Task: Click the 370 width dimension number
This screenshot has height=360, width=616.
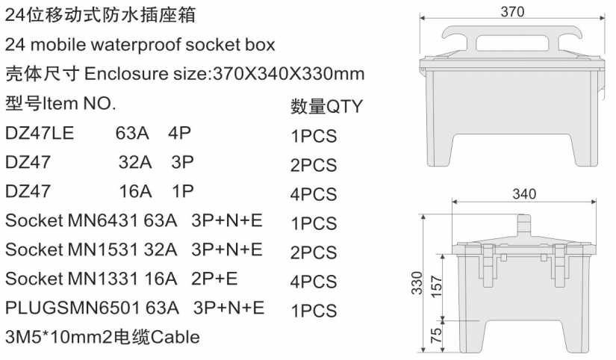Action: [x=512, y=11]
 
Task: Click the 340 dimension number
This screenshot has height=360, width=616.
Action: [x=524, y=194]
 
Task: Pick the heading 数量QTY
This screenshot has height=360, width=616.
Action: [x=326, y=108]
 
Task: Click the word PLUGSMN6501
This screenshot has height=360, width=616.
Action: [x=66, y=308]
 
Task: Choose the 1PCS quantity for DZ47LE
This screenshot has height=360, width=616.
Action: [x=314, y=137]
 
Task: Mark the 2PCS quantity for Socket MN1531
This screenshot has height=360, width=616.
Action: [x=314, y=252]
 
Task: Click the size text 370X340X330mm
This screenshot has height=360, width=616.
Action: [x=289, y=75]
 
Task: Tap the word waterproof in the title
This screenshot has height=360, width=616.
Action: [x=143, y=46]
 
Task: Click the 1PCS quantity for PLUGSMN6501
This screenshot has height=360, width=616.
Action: [x=314, y=311]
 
